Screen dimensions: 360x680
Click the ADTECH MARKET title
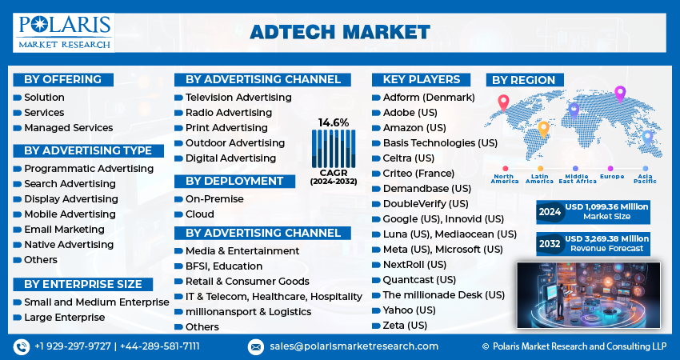[x=340, y=32]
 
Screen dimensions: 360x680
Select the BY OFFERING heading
[x=62, y=79]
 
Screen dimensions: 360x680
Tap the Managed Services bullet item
[x=68, y=127]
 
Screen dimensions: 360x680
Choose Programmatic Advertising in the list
[x=88, y=169]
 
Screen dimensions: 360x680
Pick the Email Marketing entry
[x=64, y=230]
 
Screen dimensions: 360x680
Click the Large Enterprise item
[x=64, y=318]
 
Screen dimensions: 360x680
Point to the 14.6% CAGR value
[x=334, y=122]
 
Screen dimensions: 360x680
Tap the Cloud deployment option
[x=200, y=214]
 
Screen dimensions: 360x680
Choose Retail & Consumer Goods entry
[x=247, y=282]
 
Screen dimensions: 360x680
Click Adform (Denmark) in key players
[x=429, y=98]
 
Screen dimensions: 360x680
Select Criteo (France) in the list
[x=418, y=174]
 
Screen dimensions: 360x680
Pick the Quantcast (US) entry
[x=419, y=280]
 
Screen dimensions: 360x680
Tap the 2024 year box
[x=549, y=212]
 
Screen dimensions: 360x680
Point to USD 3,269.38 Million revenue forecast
[x=606, y=243]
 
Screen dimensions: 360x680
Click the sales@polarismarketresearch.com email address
[x=354, y=346]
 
